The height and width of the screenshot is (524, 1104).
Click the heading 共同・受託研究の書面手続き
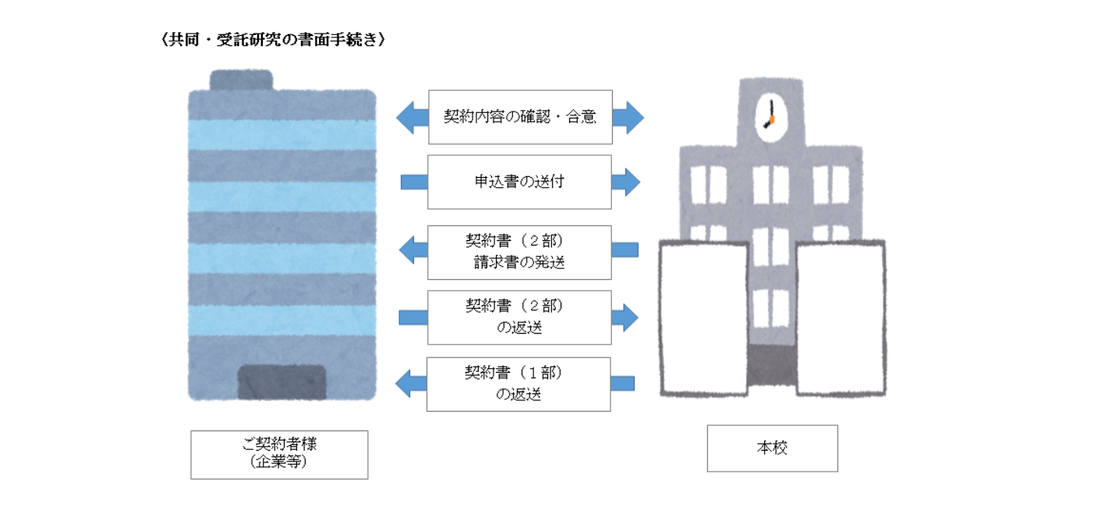273,40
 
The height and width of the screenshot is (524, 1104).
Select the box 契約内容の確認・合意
521,117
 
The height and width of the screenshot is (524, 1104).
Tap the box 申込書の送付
519,182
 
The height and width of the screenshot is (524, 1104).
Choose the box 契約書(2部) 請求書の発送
519,253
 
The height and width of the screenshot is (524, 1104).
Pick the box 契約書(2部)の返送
519,317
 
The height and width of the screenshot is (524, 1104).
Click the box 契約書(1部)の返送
518,384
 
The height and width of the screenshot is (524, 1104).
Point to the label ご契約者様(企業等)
279,455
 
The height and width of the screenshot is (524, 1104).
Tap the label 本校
773,448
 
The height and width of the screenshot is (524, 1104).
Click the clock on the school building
770,117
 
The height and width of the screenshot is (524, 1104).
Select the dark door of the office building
282,382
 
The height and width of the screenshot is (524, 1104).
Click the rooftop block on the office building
241,80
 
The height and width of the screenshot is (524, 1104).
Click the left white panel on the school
704,318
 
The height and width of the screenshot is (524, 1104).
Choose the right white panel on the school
840,318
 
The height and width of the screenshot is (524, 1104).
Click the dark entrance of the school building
772,365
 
